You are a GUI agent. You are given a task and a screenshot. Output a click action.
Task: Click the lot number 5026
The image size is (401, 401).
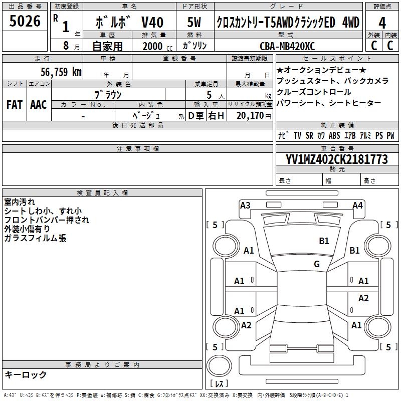(25, 22)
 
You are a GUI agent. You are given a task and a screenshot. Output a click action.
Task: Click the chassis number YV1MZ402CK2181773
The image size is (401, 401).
(337, 159)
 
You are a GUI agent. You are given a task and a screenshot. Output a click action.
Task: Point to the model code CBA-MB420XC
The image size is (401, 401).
(287, 46)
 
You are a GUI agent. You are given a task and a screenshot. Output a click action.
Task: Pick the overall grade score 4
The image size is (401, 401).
(382, 23)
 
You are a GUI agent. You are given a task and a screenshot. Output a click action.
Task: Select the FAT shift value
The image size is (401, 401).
(14, 105)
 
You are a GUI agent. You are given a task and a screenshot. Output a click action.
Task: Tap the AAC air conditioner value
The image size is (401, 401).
(39, 105)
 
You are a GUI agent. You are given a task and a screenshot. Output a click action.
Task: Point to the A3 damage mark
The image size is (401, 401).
(245, 205)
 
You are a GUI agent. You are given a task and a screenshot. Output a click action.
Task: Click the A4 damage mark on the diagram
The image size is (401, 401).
(357, 205)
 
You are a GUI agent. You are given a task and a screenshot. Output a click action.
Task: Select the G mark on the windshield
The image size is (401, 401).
(317, 264)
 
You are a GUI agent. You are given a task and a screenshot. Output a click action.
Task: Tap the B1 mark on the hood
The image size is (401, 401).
(324, 241)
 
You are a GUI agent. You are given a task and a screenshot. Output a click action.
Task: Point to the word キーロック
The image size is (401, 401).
(26, 374)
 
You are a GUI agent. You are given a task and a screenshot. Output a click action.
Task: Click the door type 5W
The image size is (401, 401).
(194, 23)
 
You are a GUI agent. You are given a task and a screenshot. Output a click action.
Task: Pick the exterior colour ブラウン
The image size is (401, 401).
(108, 94)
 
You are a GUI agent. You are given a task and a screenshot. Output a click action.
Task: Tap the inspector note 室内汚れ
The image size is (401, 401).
(20, 202)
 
